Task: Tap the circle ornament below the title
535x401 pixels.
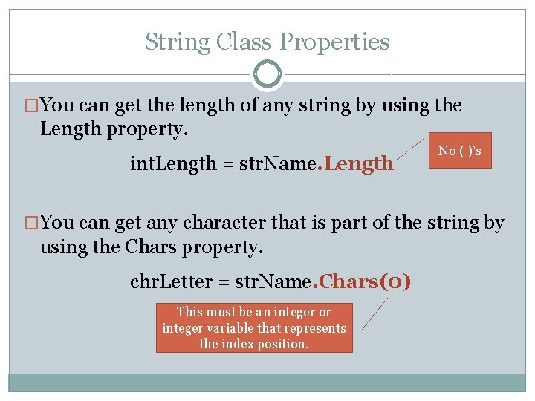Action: (x=267, y=74)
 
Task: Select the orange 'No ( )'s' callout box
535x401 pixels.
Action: (x=459, y=151)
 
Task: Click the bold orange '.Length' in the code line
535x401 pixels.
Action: (x=355, y=163)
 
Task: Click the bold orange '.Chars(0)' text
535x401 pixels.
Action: (x=363, y=282)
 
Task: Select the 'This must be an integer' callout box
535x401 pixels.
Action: (x=254, y=328)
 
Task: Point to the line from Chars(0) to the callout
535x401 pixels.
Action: (x=374, y=313)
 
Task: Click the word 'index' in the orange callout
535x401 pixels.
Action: (x=236, y=344)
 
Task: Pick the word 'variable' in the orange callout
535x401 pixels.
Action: (x=226, y=328)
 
